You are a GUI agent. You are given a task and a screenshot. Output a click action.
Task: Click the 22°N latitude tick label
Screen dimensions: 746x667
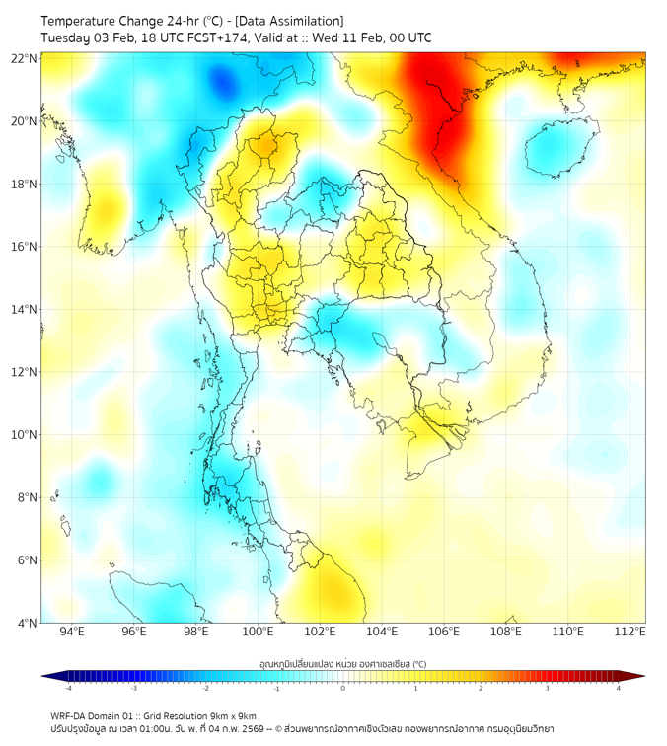pos(25,58)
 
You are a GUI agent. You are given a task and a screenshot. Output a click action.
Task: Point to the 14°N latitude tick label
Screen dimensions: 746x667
pos(25,309)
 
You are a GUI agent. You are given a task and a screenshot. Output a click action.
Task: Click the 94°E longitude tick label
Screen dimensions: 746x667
pos(72,632)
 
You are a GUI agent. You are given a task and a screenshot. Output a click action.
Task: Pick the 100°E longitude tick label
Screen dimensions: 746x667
pos(259,632)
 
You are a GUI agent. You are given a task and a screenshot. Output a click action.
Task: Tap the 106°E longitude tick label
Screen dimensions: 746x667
pos(444,632)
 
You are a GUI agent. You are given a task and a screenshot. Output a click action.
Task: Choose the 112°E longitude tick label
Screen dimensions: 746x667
pos(630,632)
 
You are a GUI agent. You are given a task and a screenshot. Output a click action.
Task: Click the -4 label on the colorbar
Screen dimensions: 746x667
pos(67,688)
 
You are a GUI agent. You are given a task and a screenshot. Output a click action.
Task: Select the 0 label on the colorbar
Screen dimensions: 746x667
pos(343,688)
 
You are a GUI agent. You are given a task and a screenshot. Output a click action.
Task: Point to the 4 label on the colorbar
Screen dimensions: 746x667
pos(619,688)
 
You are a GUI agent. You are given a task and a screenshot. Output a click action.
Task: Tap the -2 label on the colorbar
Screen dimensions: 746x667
pos(204,688)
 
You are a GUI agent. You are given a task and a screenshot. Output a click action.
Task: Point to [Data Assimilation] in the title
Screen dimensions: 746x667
pos(286,21)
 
